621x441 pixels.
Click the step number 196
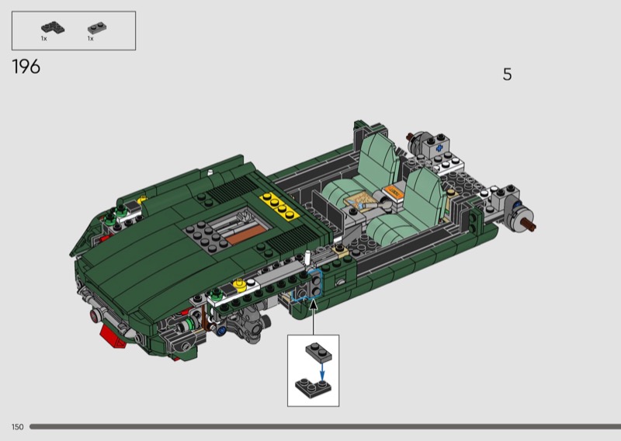[x=26, y=67]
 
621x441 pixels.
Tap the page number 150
[x=17, y=427]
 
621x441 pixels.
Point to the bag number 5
[x=508, y=75]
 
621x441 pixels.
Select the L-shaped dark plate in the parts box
[x=53, y=28]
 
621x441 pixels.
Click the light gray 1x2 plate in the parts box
[x=96, y=28]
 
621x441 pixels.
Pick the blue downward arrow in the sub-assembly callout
[x=322, y=371]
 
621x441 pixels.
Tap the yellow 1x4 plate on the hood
[x=279, y=205]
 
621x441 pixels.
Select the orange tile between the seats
[x=394, y=192]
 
